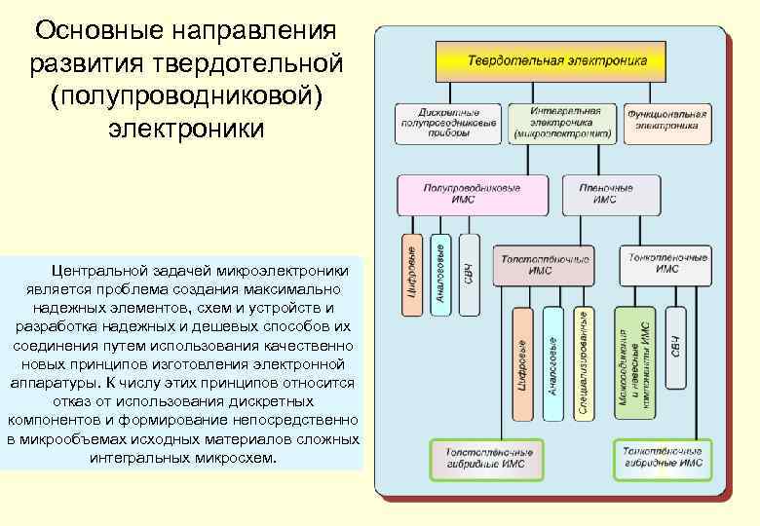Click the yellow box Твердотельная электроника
[556, 61]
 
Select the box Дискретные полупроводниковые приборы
[447, 124]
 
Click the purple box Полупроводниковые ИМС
[471, 195]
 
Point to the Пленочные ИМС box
[613, 195]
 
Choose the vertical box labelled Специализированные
[582, 362]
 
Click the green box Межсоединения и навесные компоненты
[634, 362]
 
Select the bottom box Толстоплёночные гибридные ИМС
[490, 459]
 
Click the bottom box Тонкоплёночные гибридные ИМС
[660, 459]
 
